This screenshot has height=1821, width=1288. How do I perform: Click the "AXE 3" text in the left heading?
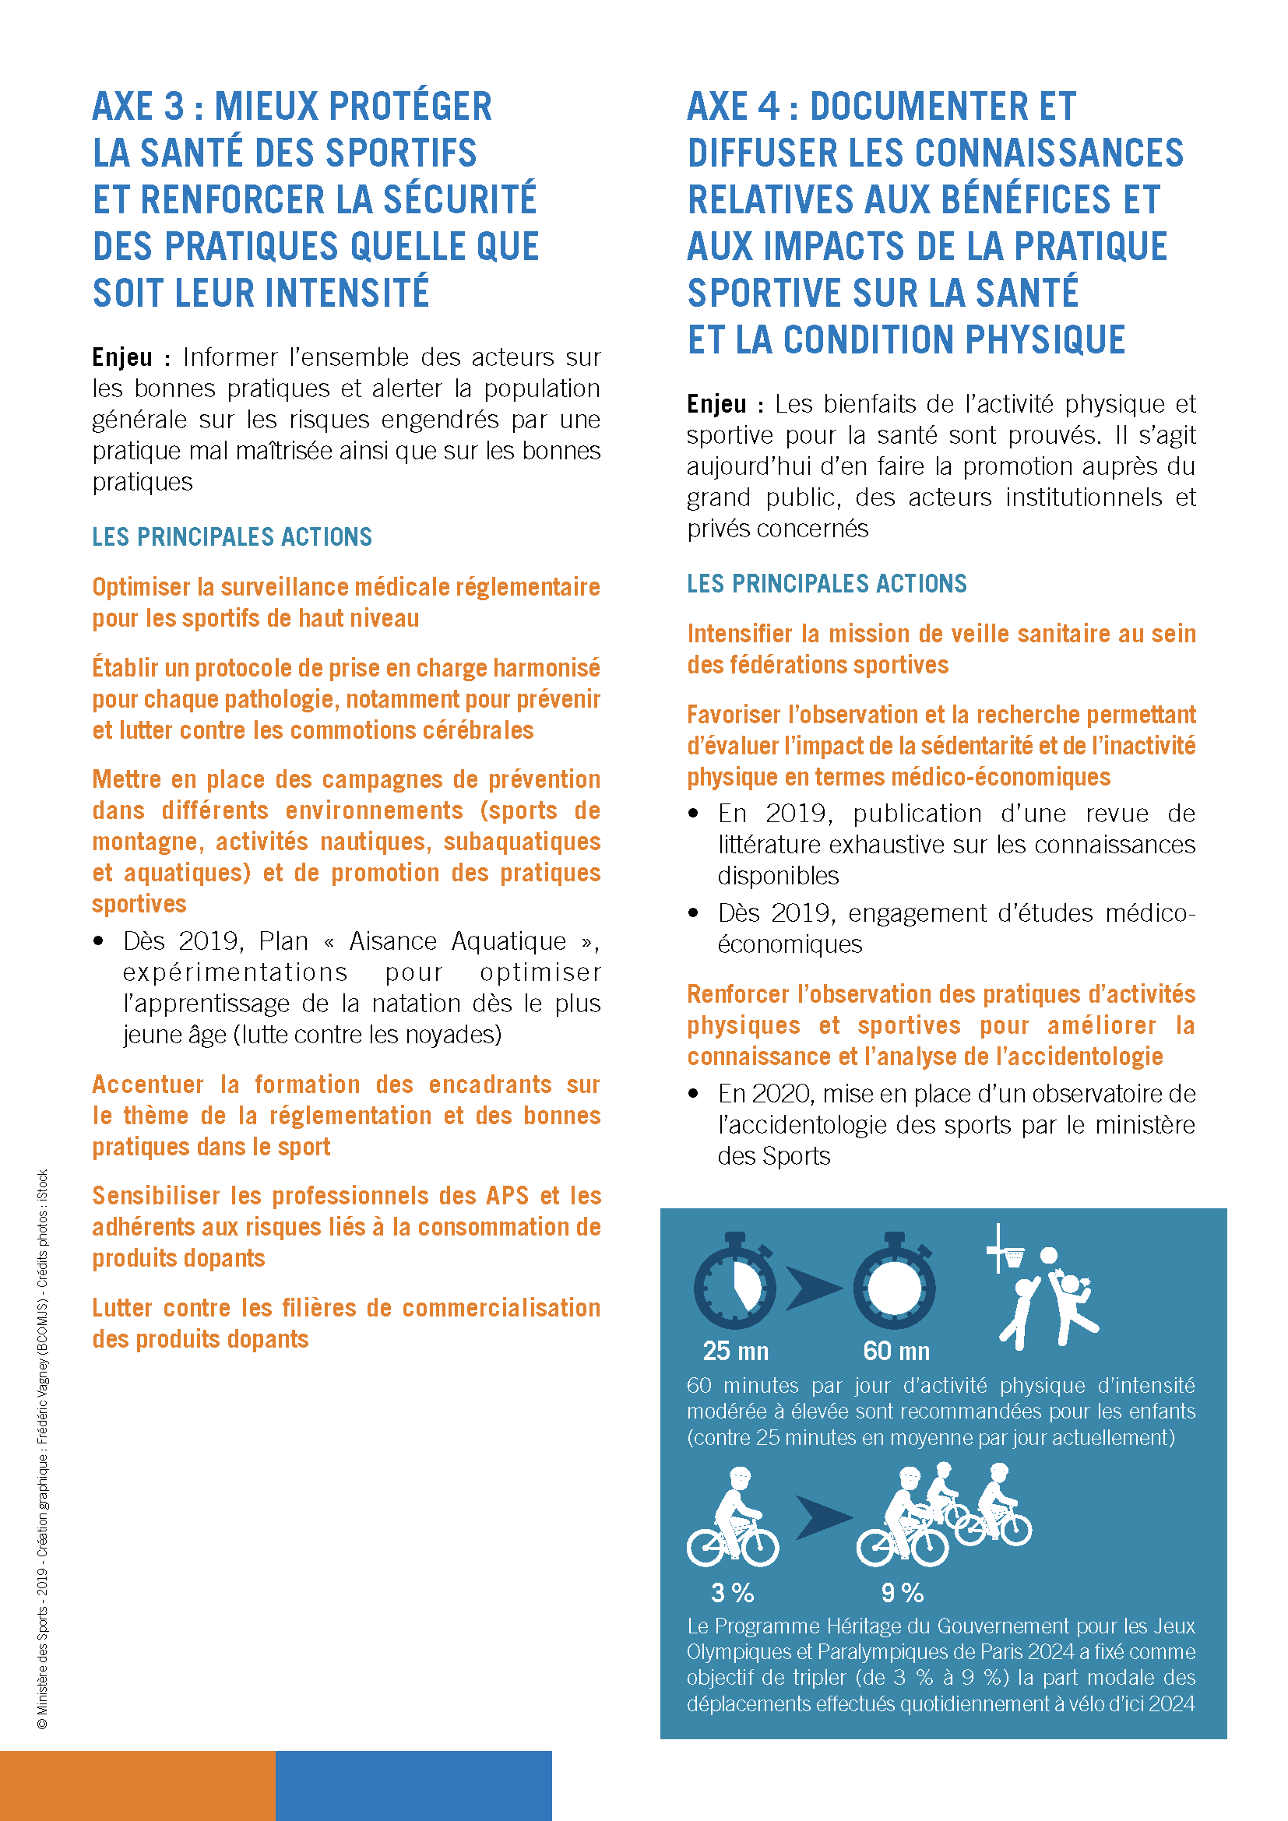[x=138, y=107]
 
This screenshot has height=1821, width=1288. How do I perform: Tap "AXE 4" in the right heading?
[x=734, y=107]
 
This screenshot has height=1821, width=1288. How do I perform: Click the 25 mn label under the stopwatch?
[x=735, y=1351]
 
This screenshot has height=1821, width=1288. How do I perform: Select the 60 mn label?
[x=896, y=1351]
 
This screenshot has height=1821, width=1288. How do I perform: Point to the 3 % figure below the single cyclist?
[x=732, y=1593]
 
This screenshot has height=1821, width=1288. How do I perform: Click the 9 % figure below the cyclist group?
[x=903, y=1593]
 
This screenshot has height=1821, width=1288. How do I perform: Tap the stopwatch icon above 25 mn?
[x=734, y=1283]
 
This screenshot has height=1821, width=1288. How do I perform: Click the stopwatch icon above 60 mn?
[x=895, y=1283]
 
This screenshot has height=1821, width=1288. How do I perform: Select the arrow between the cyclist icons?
[x=822, y=1517]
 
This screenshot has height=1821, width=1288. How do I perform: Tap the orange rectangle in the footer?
[x=137, y=1785]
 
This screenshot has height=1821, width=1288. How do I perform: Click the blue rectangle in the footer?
[x=413, y=1785]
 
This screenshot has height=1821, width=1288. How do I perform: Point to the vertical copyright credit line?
[x=43, y=1451]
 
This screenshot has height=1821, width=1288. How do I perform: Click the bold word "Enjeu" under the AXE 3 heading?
[x=122, y=357]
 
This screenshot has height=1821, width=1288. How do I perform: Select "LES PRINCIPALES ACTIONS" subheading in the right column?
[x=826, y=584]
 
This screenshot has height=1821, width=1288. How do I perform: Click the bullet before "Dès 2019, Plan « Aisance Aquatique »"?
[x=98, y=941]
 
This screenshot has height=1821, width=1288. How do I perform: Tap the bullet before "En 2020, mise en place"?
[x=693, y=1094]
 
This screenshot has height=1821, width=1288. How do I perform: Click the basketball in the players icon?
[x=1048, y=1256]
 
